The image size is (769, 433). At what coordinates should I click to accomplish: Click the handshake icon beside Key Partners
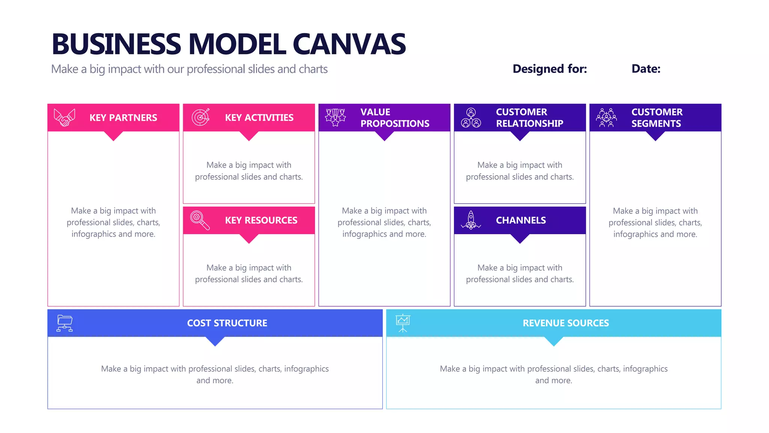[x=65, y=118]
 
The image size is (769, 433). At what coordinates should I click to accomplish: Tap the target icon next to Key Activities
[x=201, y=117]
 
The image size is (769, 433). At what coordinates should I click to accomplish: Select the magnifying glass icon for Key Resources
[x=200, y=220]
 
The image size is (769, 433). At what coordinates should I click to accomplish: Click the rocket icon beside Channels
[x=471, y=220]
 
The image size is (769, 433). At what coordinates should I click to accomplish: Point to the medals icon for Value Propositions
[x=335, y=117]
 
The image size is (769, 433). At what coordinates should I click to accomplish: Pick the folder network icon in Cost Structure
[x=65, y=323]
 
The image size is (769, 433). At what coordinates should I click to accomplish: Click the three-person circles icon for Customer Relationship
[x=471, y=118]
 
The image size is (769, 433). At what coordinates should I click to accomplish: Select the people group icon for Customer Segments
[x=606, y=118]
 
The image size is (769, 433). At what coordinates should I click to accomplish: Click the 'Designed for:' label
[x=550, y=69]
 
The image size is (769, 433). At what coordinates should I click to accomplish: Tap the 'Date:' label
[x=646, y=69]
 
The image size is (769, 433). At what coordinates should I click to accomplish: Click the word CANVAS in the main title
[x=349, y=44]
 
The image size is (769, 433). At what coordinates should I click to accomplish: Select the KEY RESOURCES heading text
[x=261, y=220]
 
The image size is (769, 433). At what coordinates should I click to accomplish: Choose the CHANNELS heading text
[x=521, y=220]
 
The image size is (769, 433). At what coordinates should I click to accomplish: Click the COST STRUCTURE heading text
[x=227, y=323]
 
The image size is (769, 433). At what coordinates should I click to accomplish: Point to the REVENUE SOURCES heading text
[x=566, y=323]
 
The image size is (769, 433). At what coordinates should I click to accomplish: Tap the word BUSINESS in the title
[x=116, y=44]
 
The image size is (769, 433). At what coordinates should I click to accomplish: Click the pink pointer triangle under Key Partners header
[x=113, y=136]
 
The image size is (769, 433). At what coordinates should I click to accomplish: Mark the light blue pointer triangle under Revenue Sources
[x=553, y=341]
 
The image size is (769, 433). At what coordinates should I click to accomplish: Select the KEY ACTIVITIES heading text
[x=259, y=118]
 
